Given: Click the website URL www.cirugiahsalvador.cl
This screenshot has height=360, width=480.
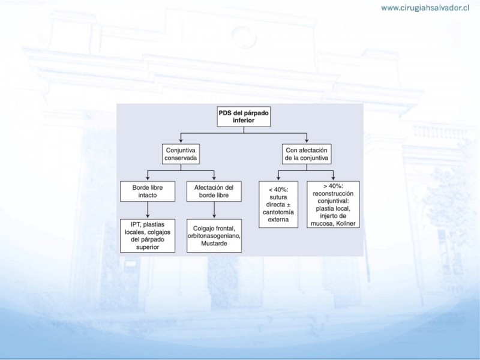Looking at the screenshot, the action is [425, 8].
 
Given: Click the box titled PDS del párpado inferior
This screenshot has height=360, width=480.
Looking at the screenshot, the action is [244, 116].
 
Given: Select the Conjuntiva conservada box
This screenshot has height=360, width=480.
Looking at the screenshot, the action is [181, 154].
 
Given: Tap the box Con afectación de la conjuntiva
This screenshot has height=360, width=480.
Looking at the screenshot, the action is [307, 154].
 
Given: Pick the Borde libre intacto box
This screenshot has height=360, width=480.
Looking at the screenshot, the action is [148, 191].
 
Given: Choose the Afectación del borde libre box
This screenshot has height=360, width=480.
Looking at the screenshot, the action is [214, 191].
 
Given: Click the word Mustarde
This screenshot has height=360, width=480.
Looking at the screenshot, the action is [214, 244].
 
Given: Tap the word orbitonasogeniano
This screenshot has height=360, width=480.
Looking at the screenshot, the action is [214, 236].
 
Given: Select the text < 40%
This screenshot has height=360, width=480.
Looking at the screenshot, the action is [278, 190].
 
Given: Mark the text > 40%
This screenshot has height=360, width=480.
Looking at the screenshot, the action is [333, 186].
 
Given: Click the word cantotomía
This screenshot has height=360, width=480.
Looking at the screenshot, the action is [278, 212].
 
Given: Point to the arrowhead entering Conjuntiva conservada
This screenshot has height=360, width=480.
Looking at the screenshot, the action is [181, 141].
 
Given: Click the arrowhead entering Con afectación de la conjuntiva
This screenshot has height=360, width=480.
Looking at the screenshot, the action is [307, 141].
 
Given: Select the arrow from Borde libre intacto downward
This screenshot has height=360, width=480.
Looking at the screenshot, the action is [148, 210].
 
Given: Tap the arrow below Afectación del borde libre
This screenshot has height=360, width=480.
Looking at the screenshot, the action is [214, 210].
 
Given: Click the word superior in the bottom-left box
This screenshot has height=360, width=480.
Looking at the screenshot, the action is [148, 247].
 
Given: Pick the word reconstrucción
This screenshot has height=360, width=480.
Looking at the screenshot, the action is [333, 193].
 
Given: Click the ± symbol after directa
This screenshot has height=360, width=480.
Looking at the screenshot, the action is [288, 205].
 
